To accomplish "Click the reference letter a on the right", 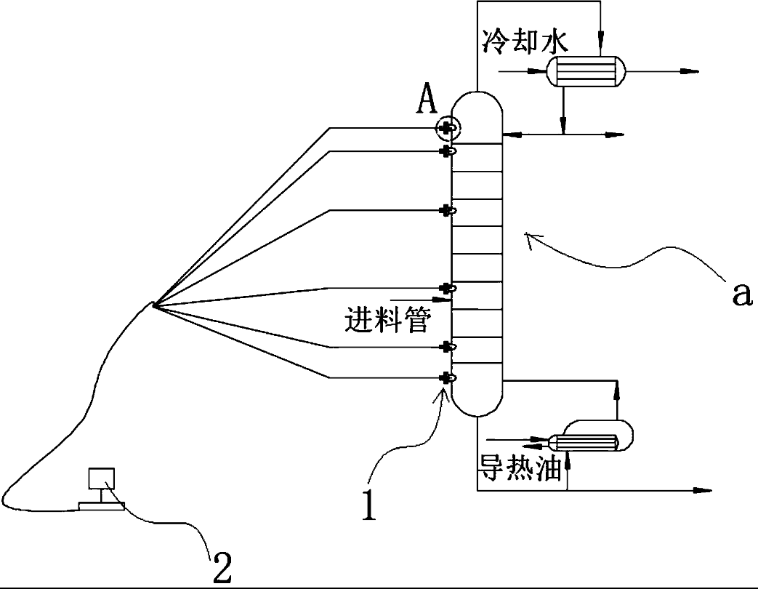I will pyautogui.click(x=740, y=294).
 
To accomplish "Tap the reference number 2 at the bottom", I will pyautogui.click(x=222, y=566).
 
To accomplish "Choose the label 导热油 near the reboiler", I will pyautogui.click(x=520, y=467).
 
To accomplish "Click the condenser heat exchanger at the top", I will pyautogui.click(x=586, y=71).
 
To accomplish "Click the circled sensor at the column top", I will pyautogui.click(x=446, y=129).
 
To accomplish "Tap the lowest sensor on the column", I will pyautogui.click(x=448, y=377).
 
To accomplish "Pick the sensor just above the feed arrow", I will pyautogui.click(x=448, y=288).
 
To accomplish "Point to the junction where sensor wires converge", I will pyautogui.click(x=154, y=305).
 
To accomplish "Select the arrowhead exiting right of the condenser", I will pyautogui.click(x=691, y=71).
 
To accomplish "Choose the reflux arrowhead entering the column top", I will pyautogui.click(x=509, y=135).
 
